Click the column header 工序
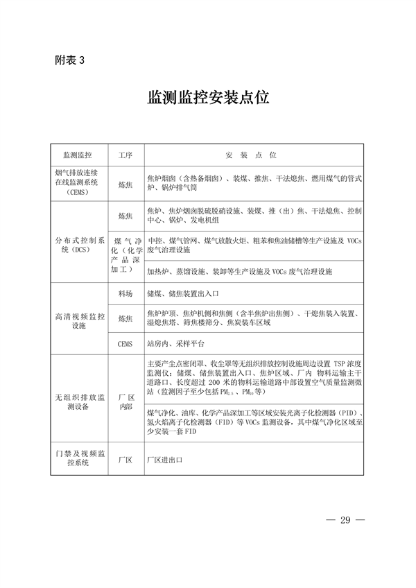pos(125,154)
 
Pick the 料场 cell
pos(125,293)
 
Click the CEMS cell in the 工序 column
pos(125,343)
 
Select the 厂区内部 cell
pos(125,401)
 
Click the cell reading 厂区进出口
pos(164,459)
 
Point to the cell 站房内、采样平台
pos(175,343)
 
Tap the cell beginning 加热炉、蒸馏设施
pos(239,271)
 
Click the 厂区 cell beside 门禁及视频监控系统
pos(125,459)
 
